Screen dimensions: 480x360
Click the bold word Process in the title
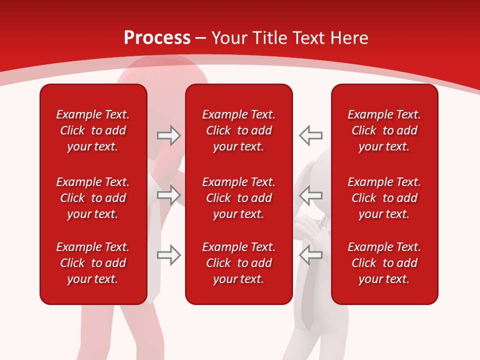coord(157,38)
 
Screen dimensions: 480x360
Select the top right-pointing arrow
coord(168,135)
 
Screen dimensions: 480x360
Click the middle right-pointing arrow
coord(168,194)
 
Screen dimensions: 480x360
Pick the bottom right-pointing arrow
coord(168,255)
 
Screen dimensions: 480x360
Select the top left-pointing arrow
coord(311,135)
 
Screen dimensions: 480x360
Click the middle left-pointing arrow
coord(311,194)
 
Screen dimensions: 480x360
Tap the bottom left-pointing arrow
coord(311,255)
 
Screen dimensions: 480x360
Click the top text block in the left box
coord(93,130)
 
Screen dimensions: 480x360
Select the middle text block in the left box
coord(93,198)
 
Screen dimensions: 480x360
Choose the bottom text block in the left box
coord(93,263)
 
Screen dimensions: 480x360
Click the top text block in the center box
coord(238,130)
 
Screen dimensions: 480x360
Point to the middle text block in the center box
coord(238,198)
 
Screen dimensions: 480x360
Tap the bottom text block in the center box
coord(238,263)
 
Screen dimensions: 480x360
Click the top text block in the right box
coord(384,130)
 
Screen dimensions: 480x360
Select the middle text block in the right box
coord(384,198)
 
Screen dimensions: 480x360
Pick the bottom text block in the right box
coord(384,263)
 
